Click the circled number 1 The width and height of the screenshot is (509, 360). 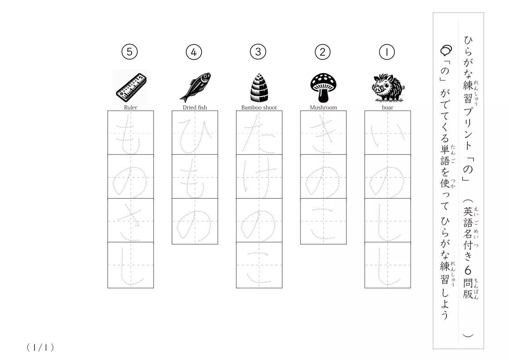pyautogui.click(x=387, y=52)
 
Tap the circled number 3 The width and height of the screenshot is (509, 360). pyautogui.click(x=258, y=52)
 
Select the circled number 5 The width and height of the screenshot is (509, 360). pyautogui.click(x=130, y=52)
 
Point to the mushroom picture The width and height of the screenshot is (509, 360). pyautogui.click(x=323, y=88)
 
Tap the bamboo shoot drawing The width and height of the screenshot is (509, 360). pyautogui.click(x=259, y=88)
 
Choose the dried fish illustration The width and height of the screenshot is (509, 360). pyautogui.click(x=195, y=87)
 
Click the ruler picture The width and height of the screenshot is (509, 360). pyautogui.click(x=131, y=88)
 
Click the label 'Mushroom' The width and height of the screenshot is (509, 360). pyautogui.click(x=323, y=107)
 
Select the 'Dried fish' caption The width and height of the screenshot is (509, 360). pyautogui.click(x=195, y=107)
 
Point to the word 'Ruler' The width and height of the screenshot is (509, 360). pyautogui.click(x=131, y=107)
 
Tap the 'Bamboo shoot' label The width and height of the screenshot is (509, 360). pyautogui.click(x=259, y=107)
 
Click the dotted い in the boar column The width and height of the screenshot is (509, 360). pyautogui.click(x=388, y=136)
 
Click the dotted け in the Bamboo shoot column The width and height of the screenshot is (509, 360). pyautogui.click(x=259, y=178)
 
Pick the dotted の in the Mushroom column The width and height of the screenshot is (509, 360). pyautogui.click(x=323, y=180)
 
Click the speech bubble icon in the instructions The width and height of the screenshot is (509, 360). pyautogui.click(x=446, y=50)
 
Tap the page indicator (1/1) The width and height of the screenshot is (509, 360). pyautogui.click(x=40, y=348)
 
